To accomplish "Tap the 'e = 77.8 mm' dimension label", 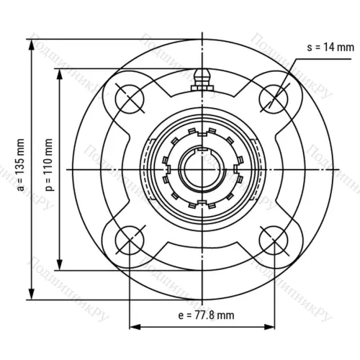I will click(x=206, y=315).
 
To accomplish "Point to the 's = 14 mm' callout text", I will click(x=330, y=48).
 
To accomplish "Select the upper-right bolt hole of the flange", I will click(x=276, y=94).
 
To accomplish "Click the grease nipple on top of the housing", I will click(x=202, y=76).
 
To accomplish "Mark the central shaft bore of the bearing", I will click(x=202, y=168).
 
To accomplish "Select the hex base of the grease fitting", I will click(x=202, y=87).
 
